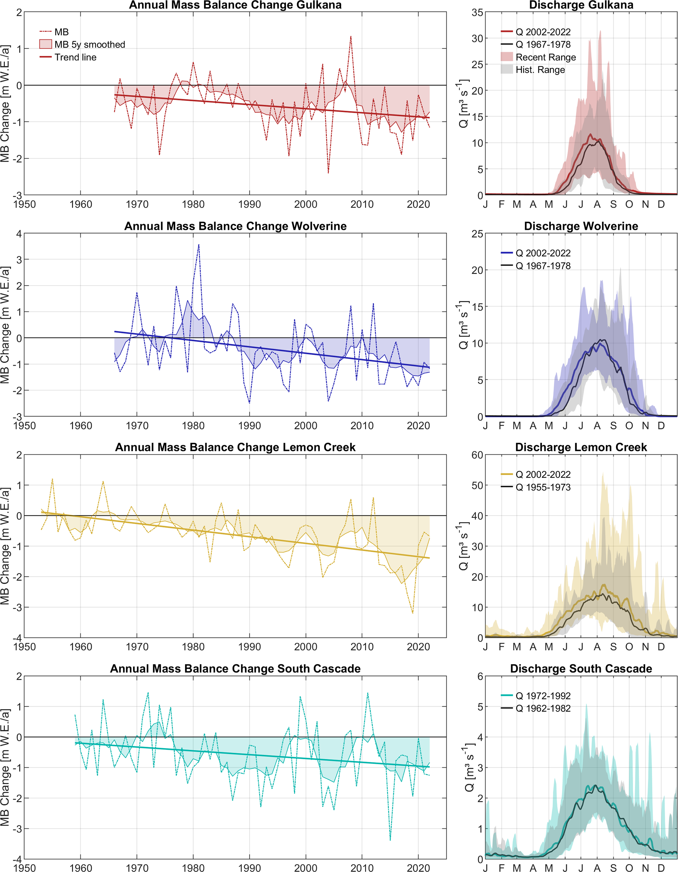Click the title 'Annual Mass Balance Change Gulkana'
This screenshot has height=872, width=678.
[x=235, y=5]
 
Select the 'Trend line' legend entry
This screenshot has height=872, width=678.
[x=75, y=57]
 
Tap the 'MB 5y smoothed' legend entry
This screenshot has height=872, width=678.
[x=90, y=45]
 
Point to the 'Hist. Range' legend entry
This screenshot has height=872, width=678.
[x=540, y=70]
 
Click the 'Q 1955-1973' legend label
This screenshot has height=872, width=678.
[x=543, y=487]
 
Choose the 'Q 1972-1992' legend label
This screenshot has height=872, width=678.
[x=543, y=696]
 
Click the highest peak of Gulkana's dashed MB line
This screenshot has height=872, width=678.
[x=351, y=36]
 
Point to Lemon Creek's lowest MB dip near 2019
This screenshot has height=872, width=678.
[x=412, y=613]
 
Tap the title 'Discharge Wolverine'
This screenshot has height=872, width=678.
[x=581, y=227]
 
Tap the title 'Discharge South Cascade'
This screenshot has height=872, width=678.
[x=581, y=669]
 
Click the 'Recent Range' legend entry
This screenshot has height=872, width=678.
[x=545, y=57]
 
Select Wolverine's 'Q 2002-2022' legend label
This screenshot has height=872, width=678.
[x=543, y=253]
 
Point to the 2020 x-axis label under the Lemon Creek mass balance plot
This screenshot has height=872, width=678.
[x=418, y=647]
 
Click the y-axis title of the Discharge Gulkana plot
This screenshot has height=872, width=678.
[x=463, y=104]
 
